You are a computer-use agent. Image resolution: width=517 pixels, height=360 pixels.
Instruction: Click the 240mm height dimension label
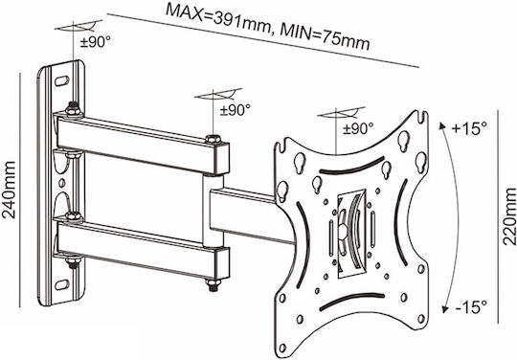[9, 191]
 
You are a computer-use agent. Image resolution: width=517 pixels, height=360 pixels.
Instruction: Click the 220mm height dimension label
[508, 216]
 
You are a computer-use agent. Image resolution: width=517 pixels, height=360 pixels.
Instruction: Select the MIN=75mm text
[325, 37]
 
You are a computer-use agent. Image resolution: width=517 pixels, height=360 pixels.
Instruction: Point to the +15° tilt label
[468, 128]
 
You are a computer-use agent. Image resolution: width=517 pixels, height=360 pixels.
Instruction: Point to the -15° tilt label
[471, 308]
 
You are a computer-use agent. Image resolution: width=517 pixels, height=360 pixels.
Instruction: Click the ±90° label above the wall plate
[96, 42]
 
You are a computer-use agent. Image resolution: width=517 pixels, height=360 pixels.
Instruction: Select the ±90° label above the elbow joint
[236, 110]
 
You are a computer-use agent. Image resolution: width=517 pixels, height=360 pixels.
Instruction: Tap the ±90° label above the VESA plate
[358, 128]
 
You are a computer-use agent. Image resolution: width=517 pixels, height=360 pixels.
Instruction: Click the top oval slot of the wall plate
[62, 80]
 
